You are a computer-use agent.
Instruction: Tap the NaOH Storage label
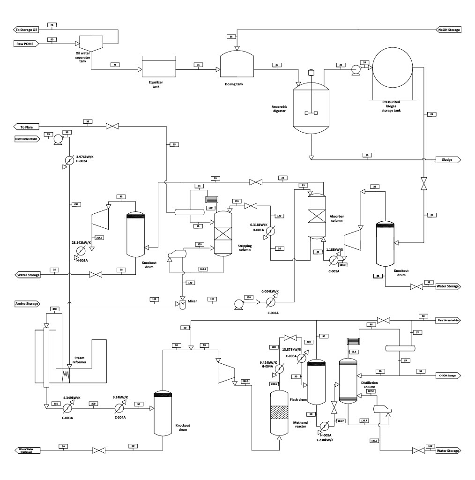point(449,30)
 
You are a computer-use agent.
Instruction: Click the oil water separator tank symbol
point(91,44)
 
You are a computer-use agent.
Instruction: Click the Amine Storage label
point(26,304)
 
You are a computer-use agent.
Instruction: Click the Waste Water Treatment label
point(26,450)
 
